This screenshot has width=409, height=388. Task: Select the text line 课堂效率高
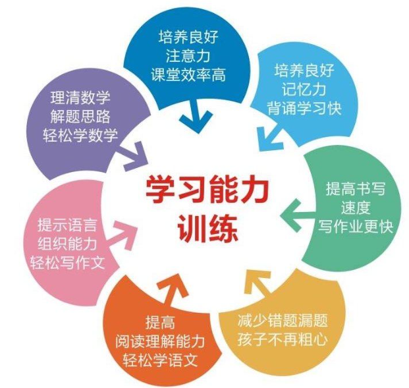point(192,75)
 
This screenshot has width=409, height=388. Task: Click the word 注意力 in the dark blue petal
point(192,55)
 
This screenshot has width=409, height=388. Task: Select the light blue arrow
point(270,136)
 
